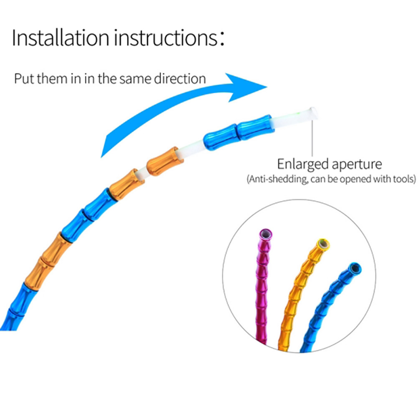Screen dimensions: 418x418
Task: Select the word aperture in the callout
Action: click(357, 164)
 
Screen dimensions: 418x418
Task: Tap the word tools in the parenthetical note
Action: click(403, 180)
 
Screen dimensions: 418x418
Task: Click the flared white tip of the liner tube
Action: click(313, 113)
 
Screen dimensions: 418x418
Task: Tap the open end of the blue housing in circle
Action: click(355, 267)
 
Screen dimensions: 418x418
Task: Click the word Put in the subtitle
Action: click(23, 78)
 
